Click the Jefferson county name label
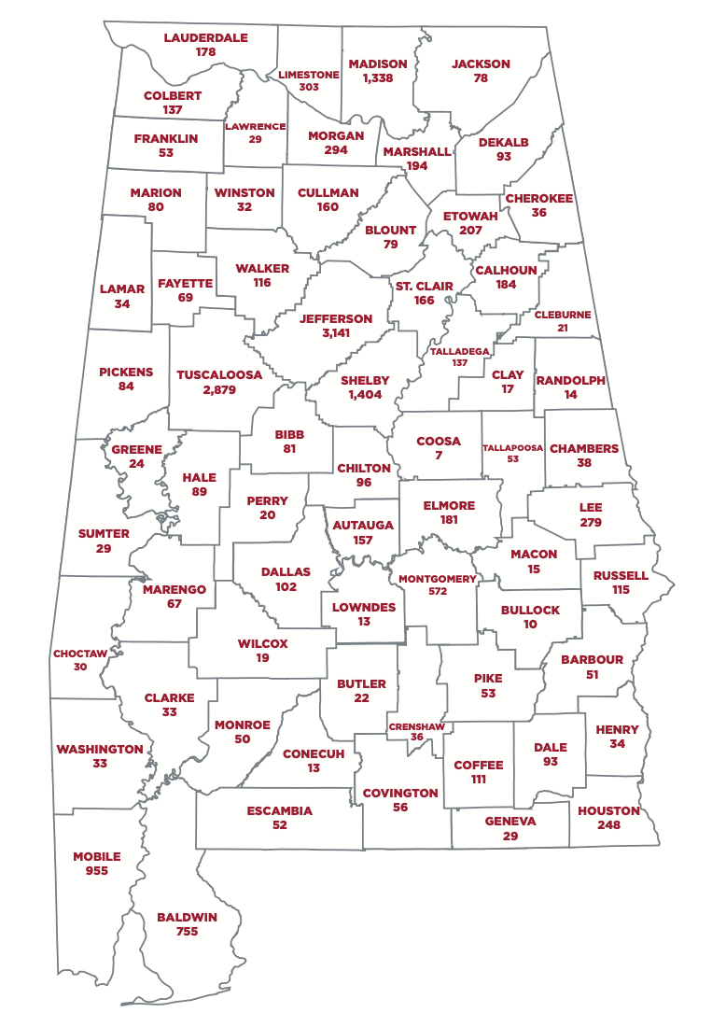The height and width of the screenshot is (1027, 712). [x=336, y=318]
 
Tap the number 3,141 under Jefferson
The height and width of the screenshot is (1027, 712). [x=336, y=332]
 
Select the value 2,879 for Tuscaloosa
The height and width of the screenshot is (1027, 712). [x=219, y=389]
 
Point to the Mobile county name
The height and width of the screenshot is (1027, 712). [x=97, y=856]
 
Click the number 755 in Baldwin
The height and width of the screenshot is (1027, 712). [x=187, y=931]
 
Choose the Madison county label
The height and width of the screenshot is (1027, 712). [x=378, y=64]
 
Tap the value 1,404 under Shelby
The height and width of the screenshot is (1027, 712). [x=365, y=395]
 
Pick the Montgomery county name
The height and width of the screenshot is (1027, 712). [x=437, y=579]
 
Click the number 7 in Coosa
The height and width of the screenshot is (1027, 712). [x=439, y=455]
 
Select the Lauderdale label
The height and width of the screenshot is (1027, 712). [x=206, y=38]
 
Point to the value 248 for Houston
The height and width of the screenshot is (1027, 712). [x=608, y=824]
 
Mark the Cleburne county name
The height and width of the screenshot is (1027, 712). [x=563, y=316]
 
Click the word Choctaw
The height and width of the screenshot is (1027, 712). [x=80, y=654]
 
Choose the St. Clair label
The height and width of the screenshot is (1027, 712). [x=425, y=287]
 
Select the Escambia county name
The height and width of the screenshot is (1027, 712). [x=280, y=811]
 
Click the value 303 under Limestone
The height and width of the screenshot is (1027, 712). [x=309, y=87]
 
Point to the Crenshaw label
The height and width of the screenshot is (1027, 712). [x=416, y=725]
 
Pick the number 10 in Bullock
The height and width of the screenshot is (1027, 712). [x=530, y=624]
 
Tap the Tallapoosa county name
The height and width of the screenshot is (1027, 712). [x=512, y=448]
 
